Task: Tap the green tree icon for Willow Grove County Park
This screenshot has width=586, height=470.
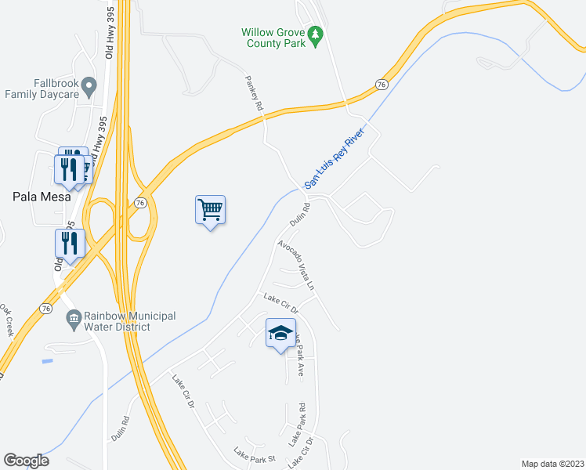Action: click(316, 34)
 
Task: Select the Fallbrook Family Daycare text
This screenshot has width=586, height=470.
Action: click(42, 89)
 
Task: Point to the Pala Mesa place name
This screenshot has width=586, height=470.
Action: click(42, 197)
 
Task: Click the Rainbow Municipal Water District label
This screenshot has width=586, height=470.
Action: click(128, 321)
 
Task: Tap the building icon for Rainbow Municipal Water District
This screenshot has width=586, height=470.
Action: click(74, 317)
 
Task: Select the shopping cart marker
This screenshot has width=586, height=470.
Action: click(210, 210)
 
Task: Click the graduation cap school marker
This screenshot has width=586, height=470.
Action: click(280, 334)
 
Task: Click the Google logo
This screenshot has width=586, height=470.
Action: click(26, 461)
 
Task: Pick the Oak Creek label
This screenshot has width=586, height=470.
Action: click(8, 320)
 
